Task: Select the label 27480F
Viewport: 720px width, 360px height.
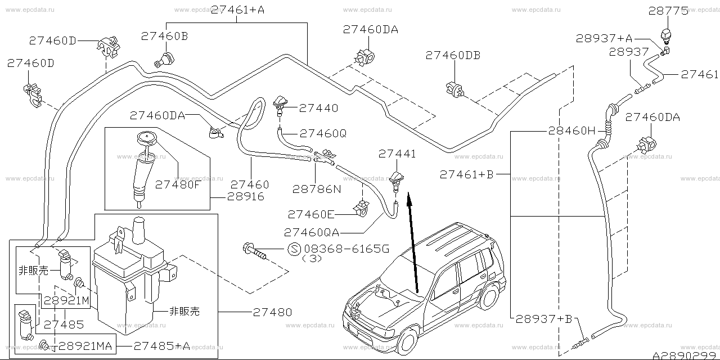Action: (x=178, y=183)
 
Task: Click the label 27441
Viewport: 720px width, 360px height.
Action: (x=397, y=154)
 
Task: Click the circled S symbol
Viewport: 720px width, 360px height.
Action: (x=294, y=249)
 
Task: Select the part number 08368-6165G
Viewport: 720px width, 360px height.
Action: (x=345, y=249)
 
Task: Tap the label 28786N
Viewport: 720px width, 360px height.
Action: (x=317, y=190)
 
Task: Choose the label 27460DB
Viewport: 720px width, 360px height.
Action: (x=453, y=55)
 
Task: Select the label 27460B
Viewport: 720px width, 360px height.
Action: (x=164, y=35)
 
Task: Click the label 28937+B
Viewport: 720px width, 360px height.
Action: (x=543, y=319)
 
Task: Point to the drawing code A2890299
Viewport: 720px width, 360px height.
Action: (x=685, y=355)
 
